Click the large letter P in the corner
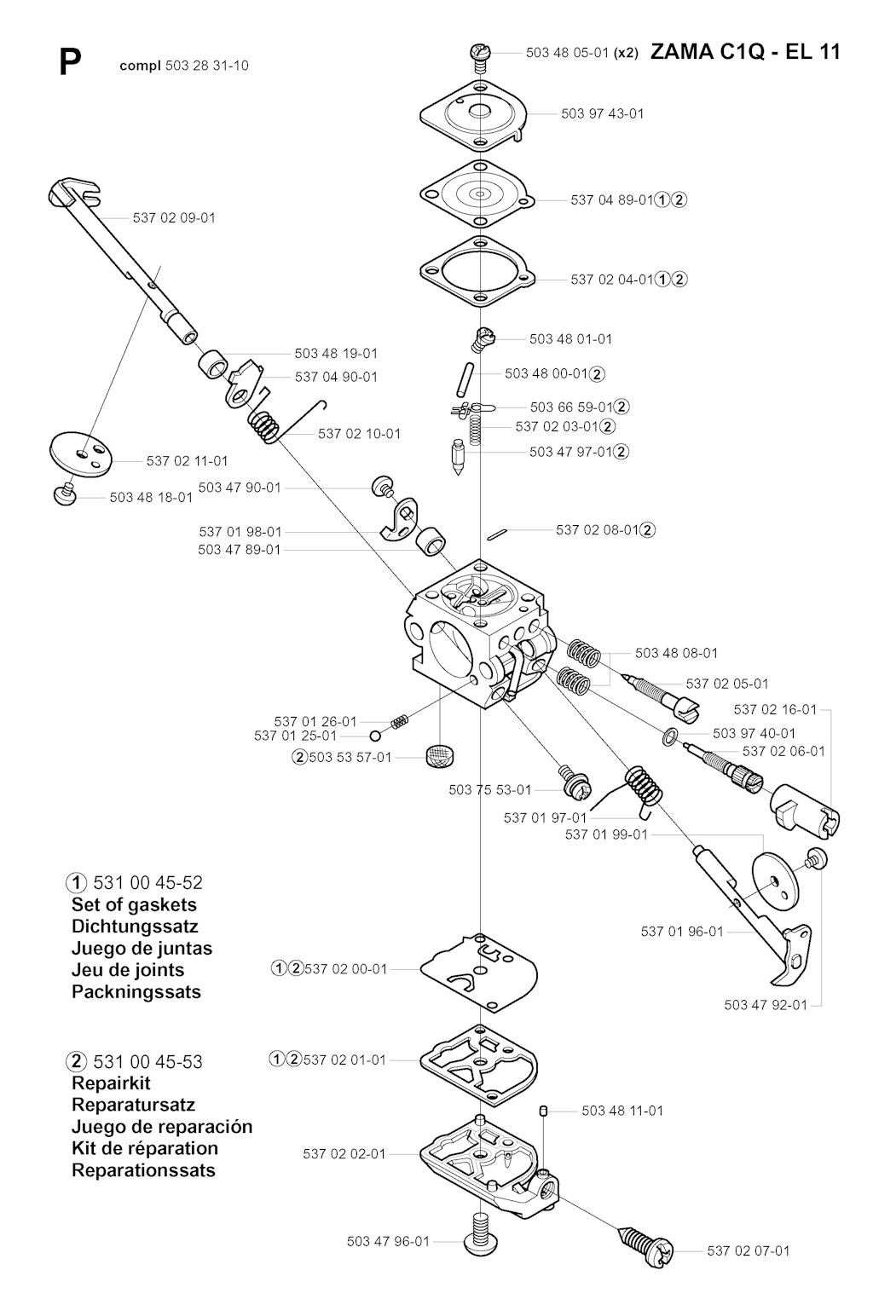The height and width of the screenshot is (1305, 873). click(70, 63)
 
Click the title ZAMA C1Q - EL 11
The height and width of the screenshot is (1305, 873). click(745, 53)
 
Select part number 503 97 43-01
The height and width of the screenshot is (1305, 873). click(603, 113)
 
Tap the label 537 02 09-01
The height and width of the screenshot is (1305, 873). click(174, 218)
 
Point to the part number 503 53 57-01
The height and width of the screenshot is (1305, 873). click(350, 758)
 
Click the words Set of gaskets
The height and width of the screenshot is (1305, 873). click(134, 904)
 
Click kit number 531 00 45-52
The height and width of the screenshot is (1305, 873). click(148, 882)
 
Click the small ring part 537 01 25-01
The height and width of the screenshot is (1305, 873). click(375, 736)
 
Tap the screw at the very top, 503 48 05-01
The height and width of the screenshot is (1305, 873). click(479, 58)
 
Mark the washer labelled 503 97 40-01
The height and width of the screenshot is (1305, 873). click(669, 736)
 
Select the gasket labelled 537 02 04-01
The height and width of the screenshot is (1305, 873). click(478, 272)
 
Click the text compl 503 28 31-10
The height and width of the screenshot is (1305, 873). click(184, 66)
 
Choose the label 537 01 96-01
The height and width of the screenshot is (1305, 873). click(682, 932)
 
